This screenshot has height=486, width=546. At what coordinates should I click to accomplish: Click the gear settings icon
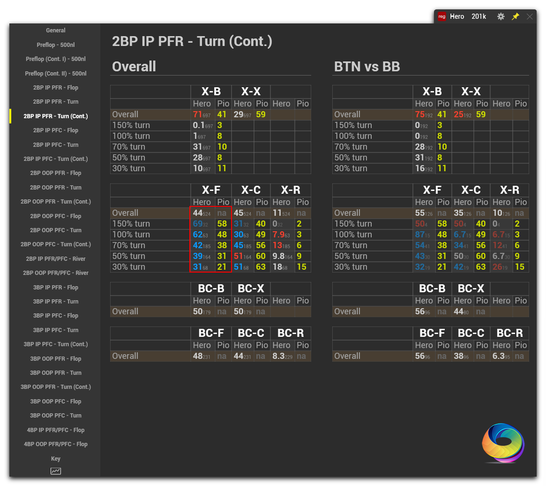(x=501, y=16)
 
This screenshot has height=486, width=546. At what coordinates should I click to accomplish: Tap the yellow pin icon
(x=516, y=16)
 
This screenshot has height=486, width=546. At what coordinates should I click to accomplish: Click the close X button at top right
(x=530, y=16)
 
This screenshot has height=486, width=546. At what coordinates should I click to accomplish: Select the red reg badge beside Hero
(x=441, y=16)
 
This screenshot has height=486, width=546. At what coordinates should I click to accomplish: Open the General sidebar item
(x=55, y=30)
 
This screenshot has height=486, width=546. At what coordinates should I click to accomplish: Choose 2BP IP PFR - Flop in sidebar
(x=55, y=88)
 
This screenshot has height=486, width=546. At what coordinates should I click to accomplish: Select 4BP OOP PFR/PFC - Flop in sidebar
(x=55, y=444)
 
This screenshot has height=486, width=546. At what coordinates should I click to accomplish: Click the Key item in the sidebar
(x=55, y=459)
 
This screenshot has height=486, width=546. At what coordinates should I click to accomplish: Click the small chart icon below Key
(x=55, y=471)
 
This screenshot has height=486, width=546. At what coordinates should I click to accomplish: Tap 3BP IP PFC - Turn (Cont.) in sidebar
(x=55, y=344)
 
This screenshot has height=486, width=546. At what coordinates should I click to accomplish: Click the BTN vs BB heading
(x=367, y=67)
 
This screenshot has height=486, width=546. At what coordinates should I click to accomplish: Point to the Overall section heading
(x=134, y=67)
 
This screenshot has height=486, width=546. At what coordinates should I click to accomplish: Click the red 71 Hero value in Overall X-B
(x=197, y=114)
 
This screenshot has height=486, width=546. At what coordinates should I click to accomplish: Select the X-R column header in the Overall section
(x=291, y=190)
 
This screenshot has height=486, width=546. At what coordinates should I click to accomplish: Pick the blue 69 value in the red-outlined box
(x=197, y=224)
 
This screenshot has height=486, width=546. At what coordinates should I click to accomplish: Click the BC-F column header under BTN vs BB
(x=432, y=333)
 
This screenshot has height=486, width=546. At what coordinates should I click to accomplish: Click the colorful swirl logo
(x=503, y=443)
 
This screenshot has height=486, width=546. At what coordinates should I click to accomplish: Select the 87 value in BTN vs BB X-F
(x=419, y=235)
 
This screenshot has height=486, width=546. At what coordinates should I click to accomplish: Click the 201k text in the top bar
(x=479, y=16)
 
